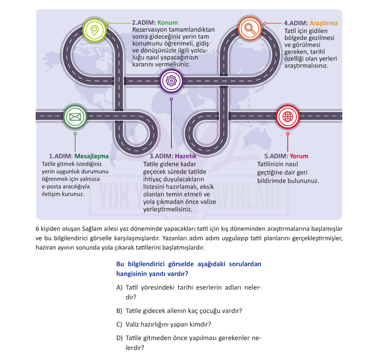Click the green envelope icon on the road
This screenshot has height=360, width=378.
pos(75,117)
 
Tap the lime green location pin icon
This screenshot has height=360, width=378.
pos(94,30)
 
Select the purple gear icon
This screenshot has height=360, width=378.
pos(171,81)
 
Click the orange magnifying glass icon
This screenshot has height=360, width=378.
pos(250,29)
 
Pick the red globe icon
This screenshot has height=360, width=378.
pos(288,117)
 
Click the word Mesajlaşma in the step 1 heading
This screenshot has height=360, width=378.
pos(92,156)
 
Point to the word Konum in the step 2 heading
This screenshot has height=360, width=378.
pos(167,22)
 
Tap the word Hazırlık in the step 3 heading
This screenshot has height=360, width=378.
pos(185,156)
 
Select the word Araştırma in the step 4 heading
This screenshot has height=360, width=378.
pos(324,23)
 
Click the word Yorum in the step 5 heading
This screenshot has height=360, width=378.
pos(299,156)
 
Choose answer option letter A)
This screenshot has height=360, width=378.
pos(119,288)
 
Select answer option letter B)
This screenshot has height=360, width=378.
pos(119,311)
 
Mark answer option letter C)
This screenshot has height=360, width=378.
pos(119,324)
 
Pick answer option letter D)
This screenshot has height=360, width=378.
pos(120,338)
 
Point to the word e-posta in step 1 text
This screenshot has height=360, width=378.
pos(50,187)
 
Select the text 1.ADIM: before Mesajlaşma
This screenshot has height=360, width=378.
pos(61,156)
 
